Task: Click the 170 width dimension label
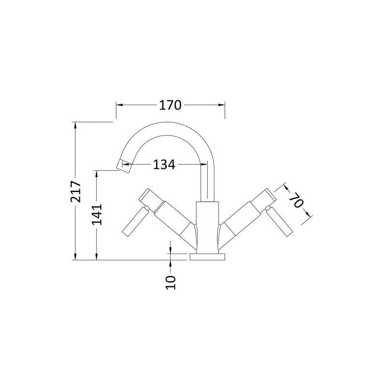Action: [170, 105]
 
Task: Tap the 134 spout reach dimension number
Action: [164, 164]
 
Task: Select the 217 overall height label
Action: [76, 192]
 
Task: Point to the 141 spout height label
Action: [97, 214]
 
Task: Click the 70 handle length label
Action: [296, 200]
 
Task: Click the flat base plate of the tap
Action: [208, 257]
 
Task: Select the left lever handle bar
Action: [135, 222]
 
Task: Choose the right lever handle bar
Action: [279, 222]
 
